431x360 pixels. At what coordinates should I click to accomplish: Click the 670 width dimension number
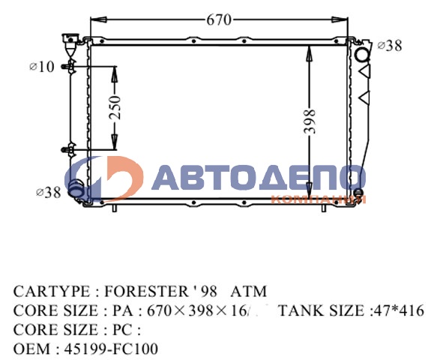coord(219,20)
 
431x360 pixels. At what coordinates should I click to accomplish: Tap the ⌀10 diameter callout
coord(42,67)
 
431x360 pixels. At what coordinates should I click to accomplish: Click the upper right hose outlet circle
coord(362,54)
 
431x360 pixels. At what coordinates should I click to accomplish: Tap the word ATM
coord(248,291)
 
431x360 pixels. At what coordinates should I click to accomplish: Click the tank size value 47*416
coord(397,310)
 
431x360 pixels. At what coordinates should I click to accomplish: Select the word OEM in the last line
coord(28,349)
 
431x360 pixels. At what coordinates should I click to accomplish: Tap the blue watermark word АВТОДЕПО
coord(259,178)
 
